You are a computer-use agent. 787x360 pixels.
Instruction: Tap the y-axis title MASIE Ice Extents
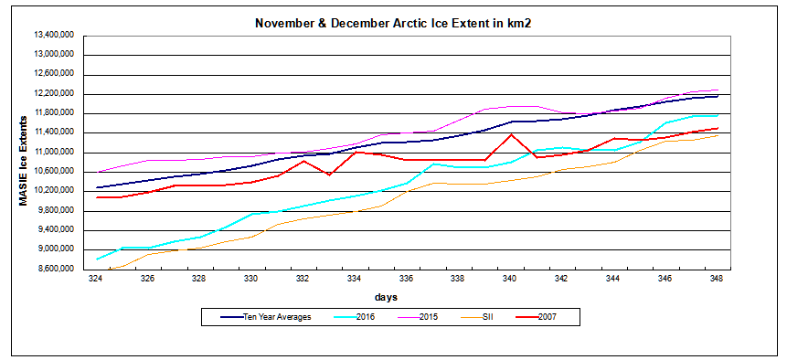[x=25, y=151]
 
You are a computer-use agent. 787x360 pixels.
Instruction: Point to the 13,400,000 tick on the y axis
[x=55, y=36]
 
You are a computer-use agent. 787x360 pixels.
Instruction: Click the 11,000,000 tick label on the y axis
[x=55, y=152]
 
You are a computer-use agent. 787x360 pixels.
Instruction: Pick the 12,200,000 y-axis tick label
[x=55, y=93]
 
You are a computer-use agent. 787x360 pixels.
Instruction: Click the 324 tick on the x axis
[x=95, y=280]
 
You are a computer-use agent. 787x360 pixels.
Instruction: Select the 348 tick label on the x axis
[x=718, y=280]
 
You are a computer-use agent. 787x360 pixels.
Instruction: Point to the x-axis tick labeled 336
[x=406, y=280]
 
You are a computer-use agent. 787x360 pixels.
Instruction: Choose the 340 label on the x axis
[x=510, y=280]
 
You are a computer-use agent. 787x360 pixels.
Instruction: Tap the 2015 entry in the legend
[x=428, y=318]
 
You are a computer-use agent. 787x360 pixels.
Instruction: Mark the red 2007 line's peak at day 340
[x=510, y=135]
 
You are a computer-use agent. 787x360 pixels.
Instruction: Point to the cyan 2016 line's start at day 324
[x=96, y=259]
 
